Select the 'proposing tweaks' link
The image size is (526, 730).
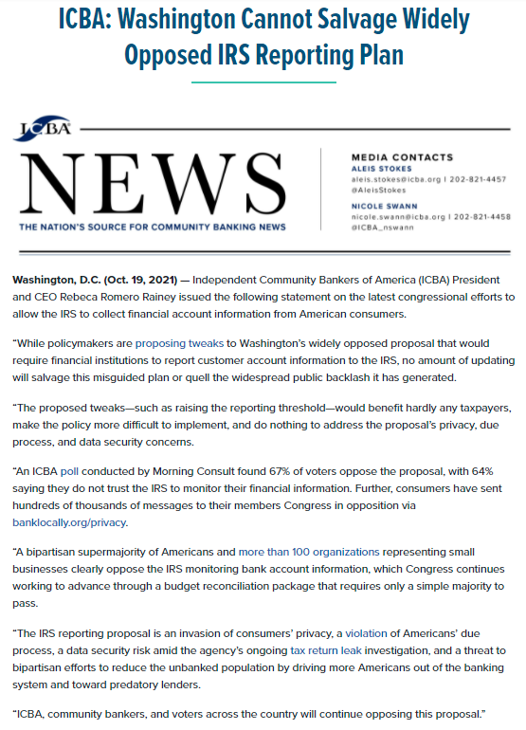179,342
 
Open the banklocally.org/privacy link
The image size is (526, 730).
69,522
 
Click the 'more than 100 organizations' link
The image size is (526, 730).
309,552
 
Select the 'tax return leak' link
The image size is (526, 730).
323,650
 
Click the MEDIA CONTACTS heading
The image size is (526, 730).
402,156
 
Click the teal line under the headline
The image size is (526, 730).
263,83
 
